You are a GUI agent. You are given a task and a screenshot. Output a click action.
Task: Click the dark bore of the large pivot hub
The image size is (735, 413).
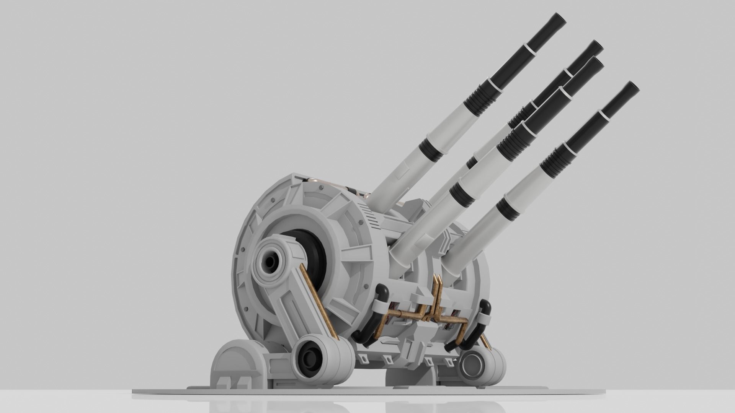(x=270, y=262)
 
